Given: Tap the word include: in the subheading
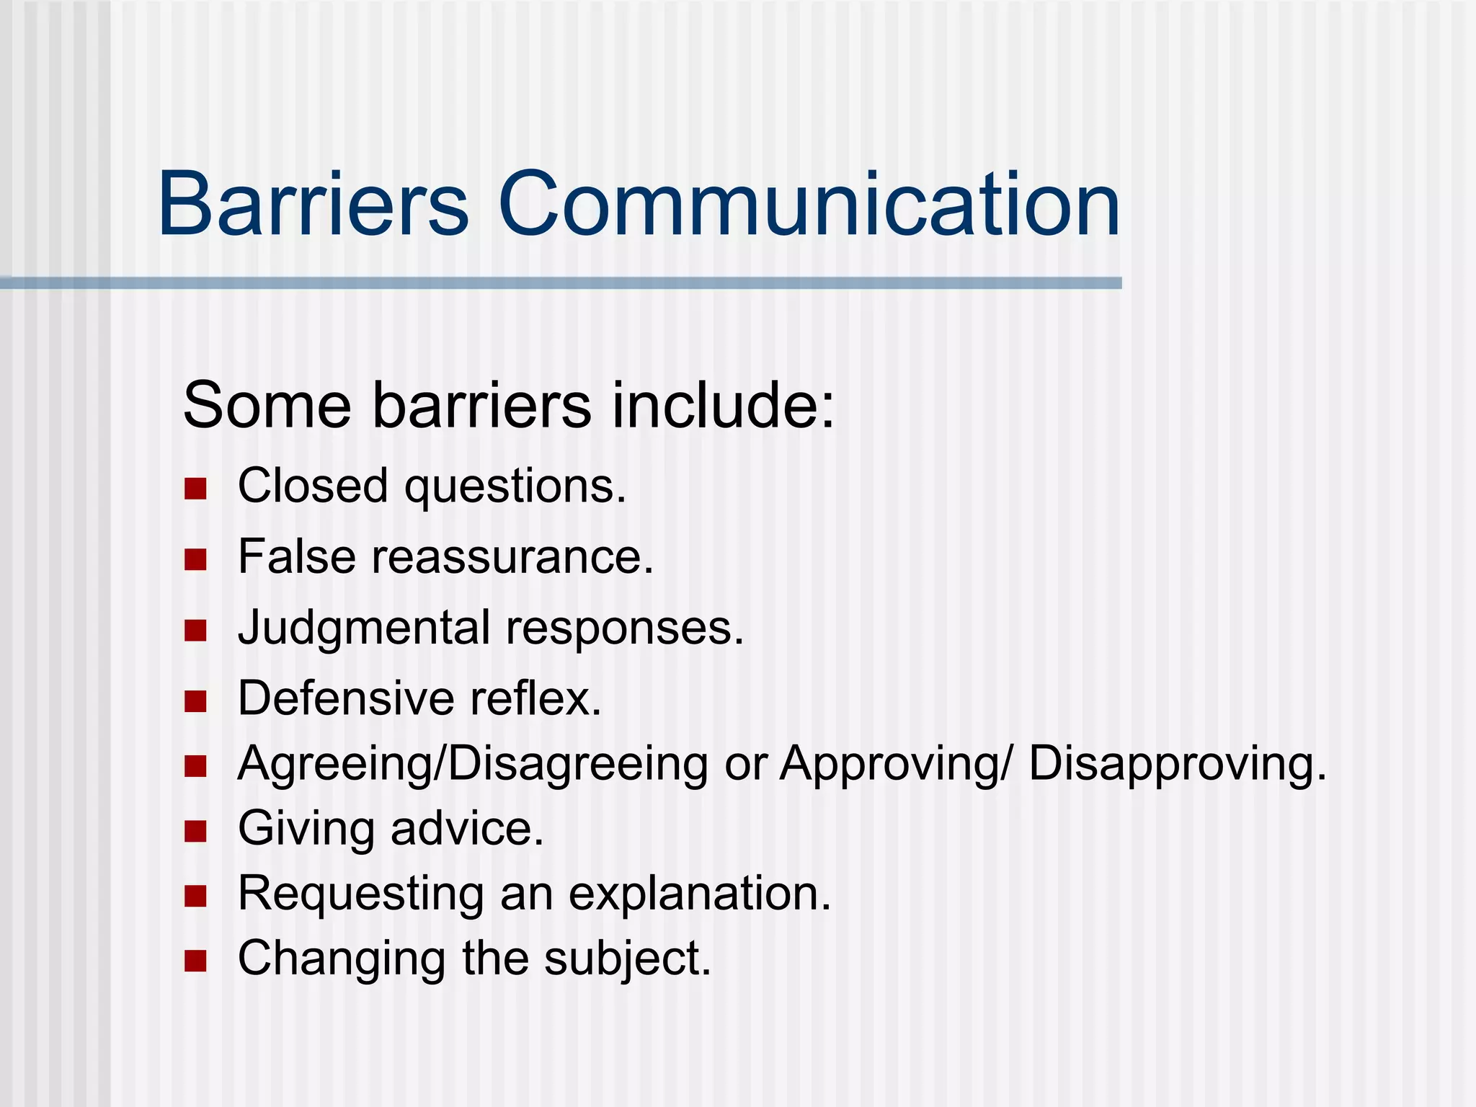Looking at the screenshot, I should (x=723, y=405).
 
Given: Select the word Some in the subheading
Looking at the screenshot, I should (x=267, y=405).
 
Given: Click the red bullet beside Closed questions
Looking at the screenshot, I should (x=195, y=489).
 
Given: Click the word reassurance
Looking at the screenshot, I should (x=512, y=556).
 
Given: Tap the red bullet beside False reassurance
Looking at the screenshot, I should (x=195, y=559).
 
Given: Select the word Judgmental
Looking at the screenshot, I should (x=364, y=628).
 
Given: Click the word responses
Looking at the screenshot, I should (x=624, y=628).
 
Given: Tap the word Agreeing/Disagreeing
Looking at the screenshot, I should (x=473, y=764).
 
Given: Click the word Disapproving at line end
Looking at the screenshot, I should (x=1177, y=764).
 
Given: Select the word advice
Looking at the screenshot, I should (x=466, y=828).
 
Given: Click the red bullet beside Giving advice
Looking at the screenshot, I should (x=195, y=831).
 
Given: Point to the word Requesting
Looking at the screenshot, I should (x=360, y=894).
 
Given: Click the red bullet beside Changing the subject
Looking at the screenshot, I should (x=195, y=961).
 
